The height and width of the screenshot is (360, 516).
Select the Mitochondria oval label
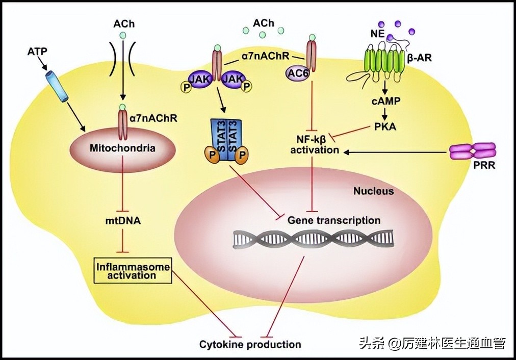[x=122, y=149]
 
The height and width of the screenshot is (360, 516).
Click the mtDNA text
[x=122, y=222]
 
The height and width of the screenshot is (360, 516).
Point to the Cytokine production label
[x=250, y=344]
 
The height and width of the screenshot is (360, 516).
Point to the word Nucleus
[x=374, y=191]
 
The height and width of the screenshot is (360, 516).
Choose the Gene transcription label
[x=334, y=221]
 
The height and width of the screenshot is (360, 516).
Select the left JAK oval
[x=198, y=79]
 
